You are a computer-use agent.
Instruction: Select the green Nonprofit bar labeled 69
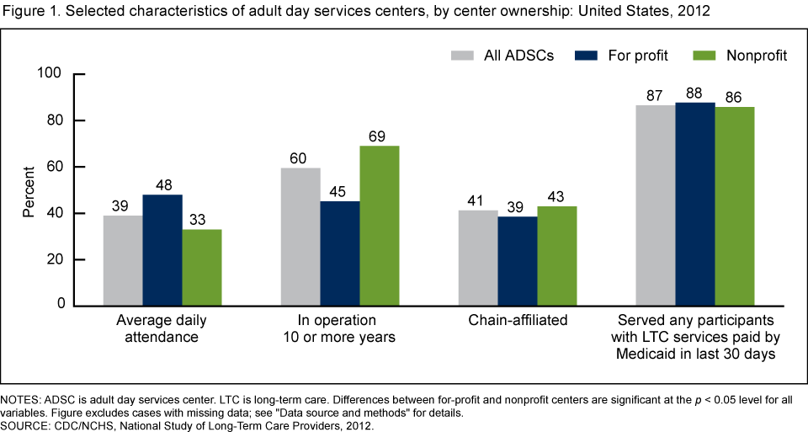click(380, 225)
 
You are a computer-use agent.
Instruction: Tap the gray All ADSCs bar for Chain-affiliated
click(477, 257)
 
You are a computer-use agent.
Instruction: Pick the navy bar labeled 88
click(695, 203)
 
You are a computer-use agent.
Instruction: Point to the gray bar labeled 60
click(300, 236)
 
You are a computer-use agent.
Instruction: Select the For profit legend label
click(638, 56)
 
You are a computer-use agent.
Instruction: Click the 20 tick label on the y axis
click(55, 259)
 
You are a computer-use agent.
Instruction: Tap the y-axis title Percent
click(29, 190)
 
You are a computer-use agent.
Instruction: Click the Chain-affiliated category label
click(517, 321)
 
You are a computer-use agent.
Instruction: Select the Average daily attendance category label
click(162, 328)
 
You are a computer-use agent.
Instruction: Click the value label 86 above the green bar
click(734, 95)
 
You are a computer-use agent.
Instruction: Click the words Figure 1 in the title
click(29, 12)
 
